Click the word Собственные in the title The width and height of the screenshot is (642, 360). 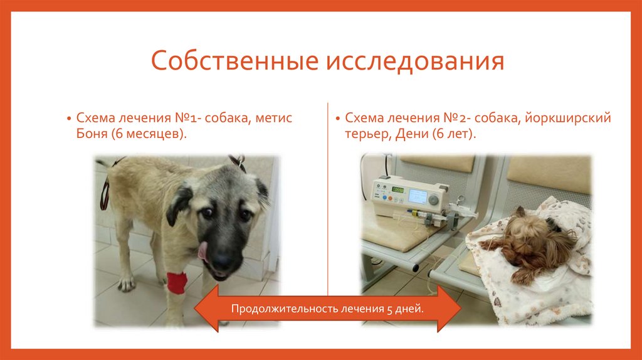234,63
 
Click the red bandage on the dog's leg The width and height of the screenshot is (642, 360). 177,283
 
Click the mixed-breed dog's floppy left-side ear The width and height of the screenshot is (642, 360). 180,204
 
